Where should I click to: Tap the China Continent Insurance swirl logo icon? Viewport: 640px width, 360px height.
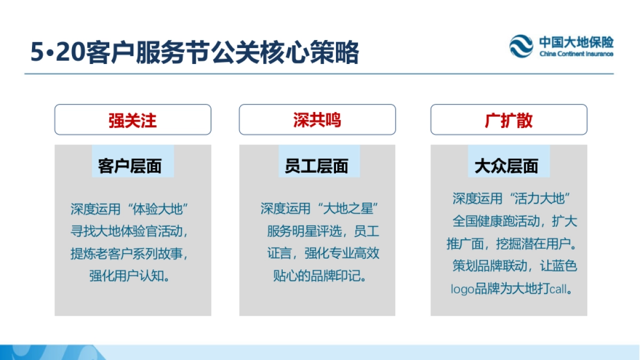point(521,46)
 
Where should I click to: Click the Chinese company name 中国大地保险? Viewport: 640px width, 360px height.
point(576,42)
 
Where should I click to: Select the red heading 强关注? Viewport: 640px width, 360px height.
point(133,120)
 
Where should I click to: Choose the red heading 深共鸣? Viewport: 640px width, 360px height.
point(317,120)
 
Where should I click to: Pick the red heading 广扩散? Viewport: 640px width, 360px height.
point(508,120)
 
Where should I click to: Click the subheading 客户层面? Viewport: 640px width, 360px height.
point(130,166)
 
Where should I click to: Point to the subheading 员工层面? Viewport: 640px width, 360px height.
point(316,166)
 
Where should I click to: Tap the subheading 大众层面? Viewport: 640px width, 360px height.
point(506,166)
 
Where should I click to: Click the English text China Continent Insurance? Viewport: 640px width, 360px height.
point(576,54)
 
